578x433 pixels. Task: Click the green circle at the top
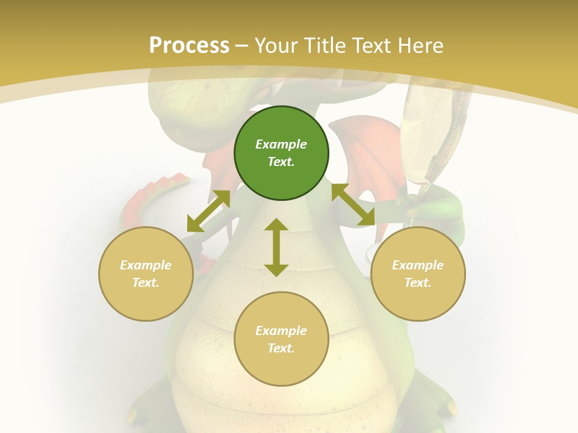point(281,153)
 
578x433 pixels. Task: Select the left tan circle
point(146,274)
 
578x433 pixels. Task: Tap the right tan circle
point(418,274)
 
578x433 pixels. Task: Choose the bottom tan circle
point(281,339)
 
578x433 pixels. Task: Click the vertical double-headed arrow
point(276,247)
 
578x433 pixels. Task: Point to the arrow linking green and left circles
point(208,210)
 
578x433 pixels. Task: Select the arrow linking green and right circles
point(353,204)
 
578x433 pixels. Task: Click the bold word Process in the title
point(189,45)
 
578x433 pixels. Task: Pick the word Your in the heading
point(276,45)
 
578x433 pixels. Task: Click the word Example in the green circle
point(281,144)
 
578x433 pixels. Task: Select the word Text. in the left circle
point(146,283)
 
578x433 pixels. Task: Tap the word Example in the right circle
point(418,265)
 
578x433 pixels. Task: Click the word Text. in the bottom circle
point(281,348)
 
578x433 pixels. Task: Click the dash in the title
point(241,45)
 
